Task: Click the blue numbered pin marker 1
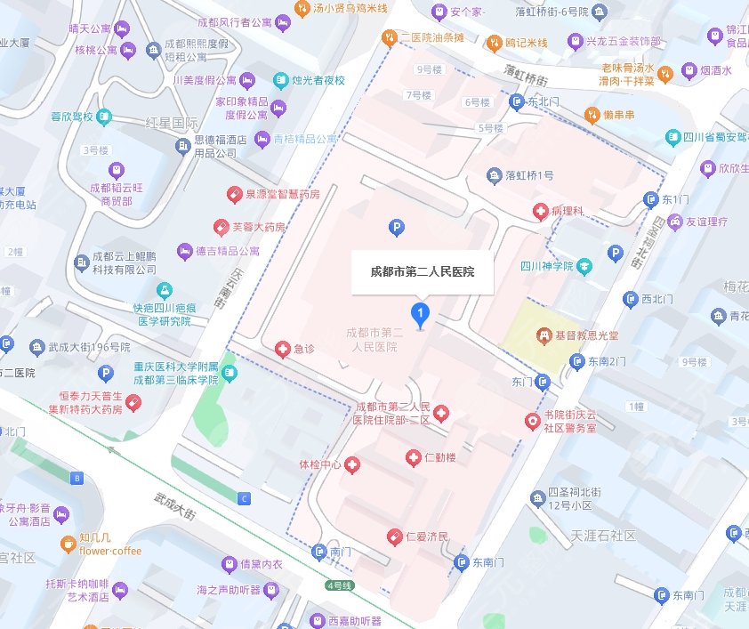tap(420, 313)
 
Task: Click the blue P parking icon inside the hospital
tap(396, 229)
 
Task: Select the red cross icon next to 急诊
tap(283, 350)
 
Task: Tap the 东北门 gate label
tap(543, 102)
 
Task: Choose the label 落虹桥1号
tap(529, 175)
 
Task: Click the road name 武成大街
tap(174, 507)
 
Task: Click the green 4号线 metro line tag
tap(339, 585)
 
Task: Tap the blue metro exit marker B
tap(77, 479)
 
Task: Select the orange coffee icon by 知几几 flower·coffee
tap(68, 544)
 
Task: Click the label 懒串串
tap(618, 114)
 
